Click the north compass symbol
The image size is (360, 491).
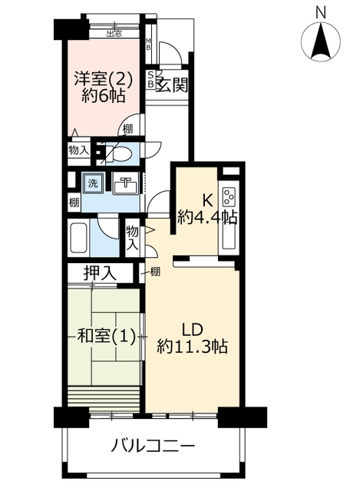(x=320, y=41)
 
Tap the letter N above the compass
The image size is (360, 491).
(x=321, y=13)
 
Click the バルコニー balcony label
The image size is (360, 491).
(x=154, y=446)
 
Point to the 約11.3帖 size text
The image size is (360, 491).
(x=192, y=347)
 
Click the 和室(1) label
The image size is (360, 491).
(x=106, y=337)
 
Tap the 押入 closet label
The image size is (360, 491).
(x=100, y=273)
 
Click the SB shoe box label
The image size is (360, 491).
(x=150, y=80)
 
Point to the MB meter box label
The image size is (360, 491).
(x=148, y=44)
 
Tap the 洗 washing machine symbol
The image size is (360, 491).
(x=92, y=183)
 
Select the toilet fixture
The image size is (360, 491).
(x=120, y=153)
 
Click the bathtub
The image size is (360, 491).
(x=78, y=238)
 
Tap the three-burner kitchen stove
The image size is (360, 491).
(x=229, y=196)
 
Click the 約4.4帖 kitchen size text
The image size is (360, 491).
(x=206, y=217)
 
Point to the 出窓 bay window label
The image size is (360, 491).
(x=114, y=34)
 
